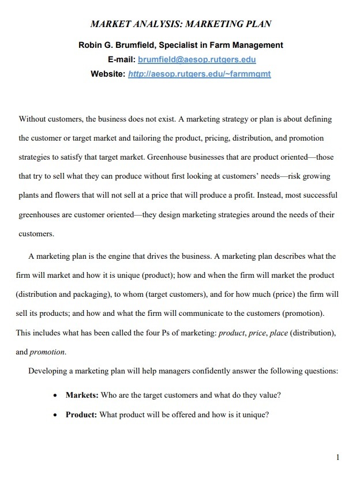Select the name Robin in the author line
91,45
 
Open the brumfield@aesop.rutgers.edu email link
197,59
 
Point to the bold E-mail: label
121,59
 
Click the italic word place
279,333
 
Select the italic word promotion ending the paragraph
47,352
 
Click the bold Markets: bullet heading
82,395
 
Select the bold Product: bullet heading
81,414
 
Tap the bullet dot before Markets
54,396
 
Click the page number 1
337,458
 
